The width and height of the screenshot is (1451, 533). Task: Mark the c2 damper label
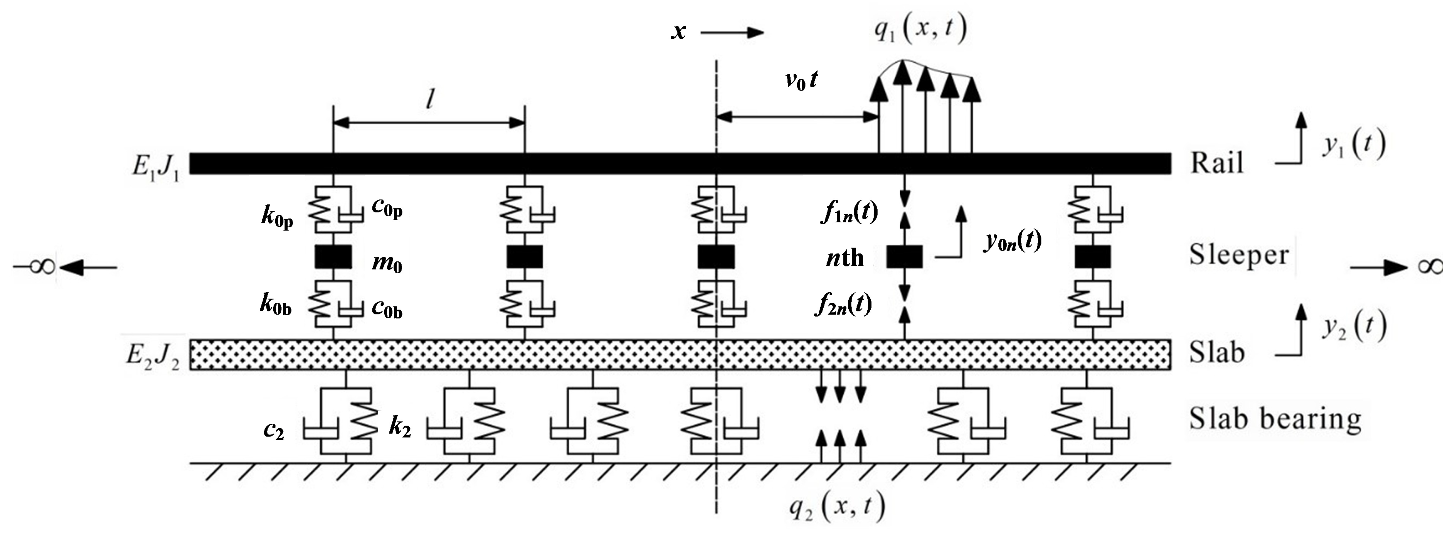[x=274, y=431]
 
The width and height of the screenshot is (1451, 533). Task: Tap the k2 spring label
[x=400, y=428]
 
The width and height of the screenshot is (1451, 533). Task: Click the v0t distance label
[x=801, y=81]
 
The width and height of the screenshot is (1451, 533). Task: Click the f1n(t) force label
[x=849, y=213]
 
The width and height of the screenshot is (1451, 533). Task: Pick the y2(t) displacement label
[x=1354, y=327]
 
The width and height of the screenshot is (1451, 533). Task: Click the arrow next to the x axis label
[x=732, y=33]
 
